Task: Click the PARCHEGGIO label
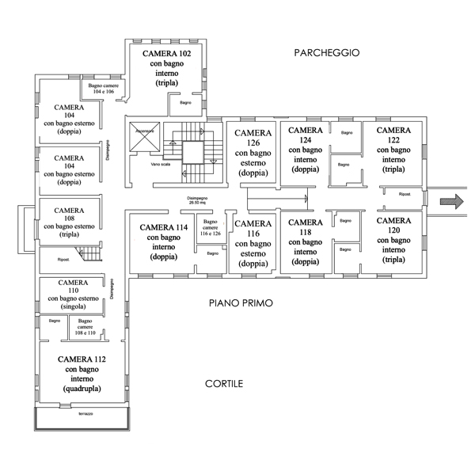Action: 326,53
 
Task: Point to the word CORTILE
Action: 224,384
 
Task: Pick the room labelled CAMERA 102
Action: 166,68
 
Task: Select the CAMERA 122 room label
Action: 393,150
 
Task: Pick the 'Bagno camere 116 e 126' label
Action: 210,228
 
